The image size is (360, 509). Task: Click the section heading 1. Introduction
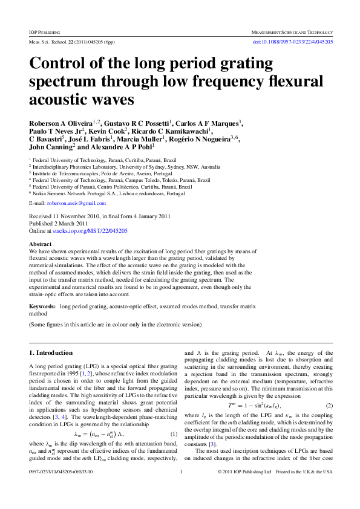(51, 352)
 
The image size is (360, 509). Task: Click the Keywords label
(42, 307)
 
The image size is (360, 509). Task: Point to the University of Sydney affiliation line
(127, 166)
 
